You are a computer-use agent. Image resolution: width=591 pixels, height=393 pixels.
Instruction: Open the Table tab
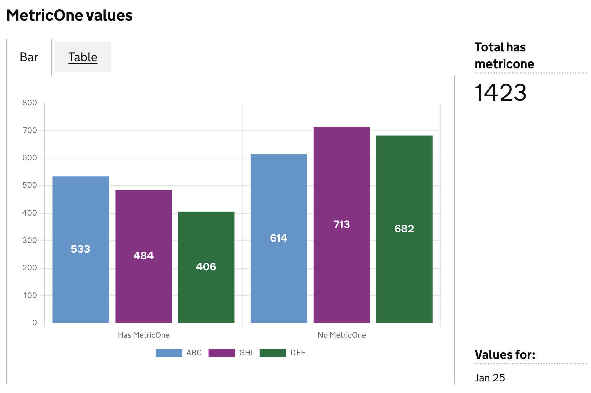(83, 57)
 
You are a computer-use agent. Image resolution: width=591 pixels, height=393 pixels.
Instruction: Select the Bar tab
(29, 57)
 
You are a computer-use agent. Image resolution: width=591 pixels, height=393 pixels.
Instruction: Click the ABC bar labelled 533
(81, 249)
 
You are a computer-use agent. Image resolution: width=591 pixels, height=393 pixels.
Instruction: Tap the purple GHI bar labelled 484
(144, 256)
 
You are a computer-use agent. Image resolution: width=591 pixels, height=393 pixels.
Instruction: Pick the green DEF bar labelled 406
(206, 267)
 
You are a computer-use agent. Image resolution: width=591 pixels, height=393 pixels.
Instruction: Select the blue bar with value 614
(279, 238)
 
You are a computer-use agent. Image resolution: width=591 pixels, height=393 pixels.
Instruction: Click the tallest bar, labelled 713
(342, 225)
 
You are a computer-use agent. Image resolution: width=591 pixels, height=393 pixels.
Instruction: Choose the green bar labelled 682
(404, 229)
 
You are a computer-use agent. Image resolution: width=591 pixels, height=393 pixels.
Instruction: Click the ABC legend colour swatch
(169, 353)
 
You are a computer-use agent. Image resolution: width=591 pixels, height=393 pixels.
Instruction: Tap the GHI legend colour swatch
(222, 353)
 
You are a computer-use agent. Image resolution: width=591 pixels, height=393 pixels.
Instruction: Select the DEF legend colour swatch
(273, 353)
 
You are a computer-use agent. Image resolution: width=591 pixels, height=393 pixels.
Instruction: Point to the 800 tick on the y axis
(30, 103)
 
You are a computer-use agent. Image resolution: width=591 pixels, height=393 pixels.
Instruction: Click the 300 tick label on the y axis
(30, 240)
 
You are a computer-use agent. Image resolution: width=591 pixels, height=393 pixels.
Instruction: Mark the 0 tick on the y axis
(34, 323)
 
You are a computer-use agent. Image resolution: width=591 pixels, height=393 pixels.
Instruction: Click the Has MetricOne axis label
(144, 335)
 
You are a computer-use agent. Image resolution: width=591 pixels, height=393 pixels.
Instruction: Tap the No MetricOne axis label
(342, 335)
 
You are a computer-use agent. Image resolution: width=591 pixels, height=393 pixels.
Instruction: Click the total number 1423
(501, 93)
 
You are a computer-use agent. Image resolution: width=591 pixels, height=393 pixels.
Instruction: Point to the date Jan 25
(490, 378)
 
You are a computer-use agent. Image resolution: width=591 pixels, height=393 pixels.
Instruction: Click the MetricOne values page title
(69, 15)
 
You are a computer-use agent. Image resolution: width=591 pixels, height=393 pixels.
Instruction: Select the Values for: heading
(505, 355)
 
